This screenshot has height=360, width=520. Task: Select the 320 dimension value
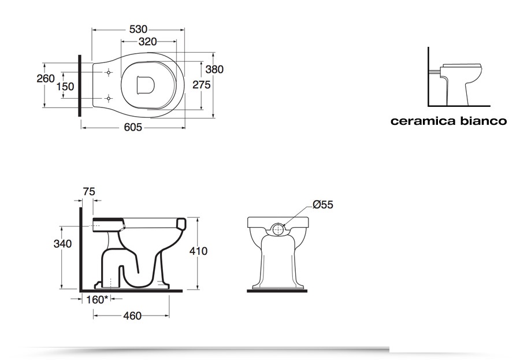pyautogui.click(x=148, y=42)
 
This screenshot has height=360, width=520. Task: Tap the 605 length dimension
pyautogui.click(x=132, y=128)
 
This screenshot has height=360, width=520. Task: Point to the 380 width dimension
pyautogui.click(x=214, y=69)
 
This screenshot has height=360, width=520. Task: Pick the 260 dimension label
pyautogui.click(x=45, y=79)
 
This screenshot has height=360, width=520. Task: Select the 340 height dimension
pyautogui.click(x=62, y=244)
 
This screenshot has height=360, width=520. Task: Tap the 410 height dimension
pyautogui.click(x=198, y=251)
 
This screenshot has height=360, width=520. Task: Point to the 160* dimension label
pyautogui.click(x=97, y=299)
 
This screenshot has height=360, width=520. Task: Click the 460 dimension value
pyautogui.click(x=132, y=316)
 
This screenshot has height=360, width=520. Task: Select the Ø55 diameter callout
pyautogui.click(x=323, y=205)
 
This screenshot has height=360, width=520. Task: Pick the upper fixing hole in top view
pyautogui.click(x=109, y=73)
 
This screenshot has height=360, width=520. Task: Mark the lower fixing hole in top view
pyautogui.click(x=109, y=99)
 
